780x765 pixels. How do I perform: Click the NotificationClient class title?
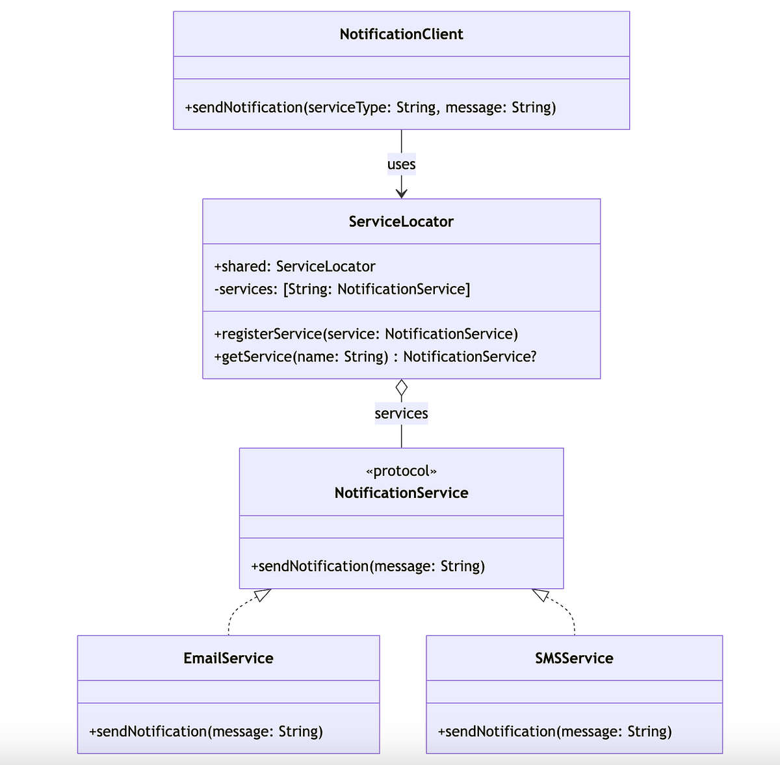click(x=401, y=34)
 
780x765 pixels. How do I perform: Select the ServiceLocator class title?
click(x=401, y=222)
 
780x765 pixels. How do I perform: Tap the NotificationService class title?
click(x=401, y=493)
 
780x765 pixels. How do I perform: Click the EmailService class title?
click(x=228, y=658)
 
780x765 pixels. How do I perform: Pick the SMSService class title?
click(x=574, y=658)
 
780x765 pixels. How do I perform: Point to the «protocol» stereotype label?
click(x=401, y=471)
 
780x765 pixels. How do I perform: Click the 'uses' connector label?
click(x=401, y=164)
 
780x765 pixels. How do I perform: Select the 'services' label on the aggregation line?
click(x=401, y=413)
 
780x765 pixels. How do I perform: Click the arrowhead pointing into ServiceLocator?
click(x=401, y=193)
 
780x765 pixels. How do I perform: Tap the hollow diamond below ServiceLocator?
click(x=401, y=388)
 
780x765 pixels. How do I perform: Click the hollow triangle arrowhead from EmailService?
click(x=263, y=595)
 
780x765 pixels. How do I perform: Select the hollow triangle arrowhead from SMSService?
click(x=541, y=595)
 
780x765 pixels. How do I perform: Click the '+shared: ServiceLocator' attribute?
click(x=294, y=266)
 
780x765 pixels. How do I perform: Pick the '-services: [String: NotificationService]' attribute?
click(x=342, y=289)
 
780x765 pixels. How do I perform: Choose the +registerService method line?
click(x=366, y=334)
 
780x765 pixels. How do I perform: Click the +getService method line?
click(x=375, y=357)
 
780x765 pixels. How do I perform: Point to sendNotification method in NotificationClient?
click(x=370, y=108)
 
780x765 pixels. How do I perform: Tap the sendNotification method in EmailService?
click(x=206, y=732)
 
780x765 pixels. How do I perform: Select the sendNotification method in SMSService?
click(x=554, y=732)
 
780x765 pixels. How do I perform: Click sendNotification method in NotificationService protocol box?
click(x=368, y=566)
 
